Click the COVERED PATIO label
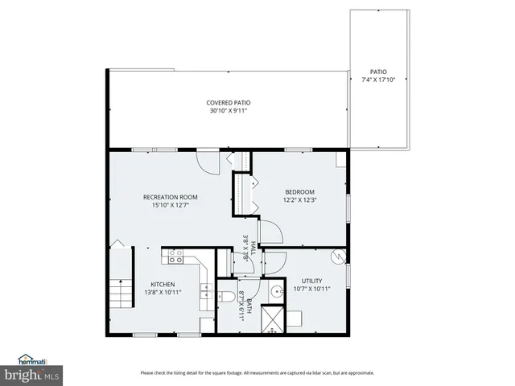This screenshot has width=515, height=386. pyautogui.click(x=229, y=103)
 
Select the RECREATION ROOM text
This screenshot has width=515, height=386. pyautogui.click(x=170, y=197)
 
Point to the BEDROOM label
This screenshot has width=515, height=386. pyautogui.click(x=299, y=191)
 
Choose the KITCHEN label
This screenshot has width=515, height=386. pyautogui.click(x=163, y=284)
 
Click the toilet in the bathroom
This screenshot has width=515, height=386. pyautogui.click(x=229, y=298)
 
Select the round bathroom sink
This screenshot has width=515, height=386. pyautogui.click(x=276, y=292)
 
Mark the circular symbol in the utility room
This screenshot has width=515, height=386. pyautogui.click(x=339, y=257)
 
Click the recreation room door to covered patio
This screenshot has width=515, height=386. pyautogui.click(x=209, y=162)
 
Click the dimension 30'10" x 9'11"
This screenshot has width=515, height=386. pyautogui.click(x=229, y=111)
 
